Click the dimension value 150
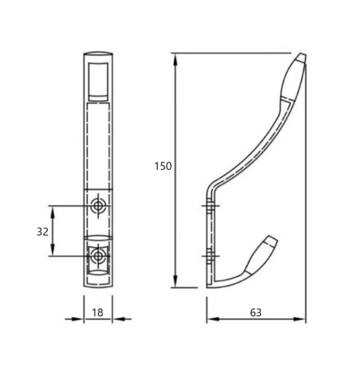[x=163, y=166]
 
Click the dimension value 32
[x=43, y=232]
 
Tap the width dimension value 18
[x=97, y=313]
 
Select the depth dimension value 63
[x=256, y=313]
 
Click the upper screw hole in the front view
[x=98, y=206]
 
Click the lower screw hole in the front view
[x=98, y=256]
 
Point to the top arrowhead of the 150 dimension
[x=175, y=60]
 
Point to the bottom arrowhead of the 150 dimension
[x=175, y=281]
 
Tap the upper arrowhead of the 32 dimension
[x=53, y=212]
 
